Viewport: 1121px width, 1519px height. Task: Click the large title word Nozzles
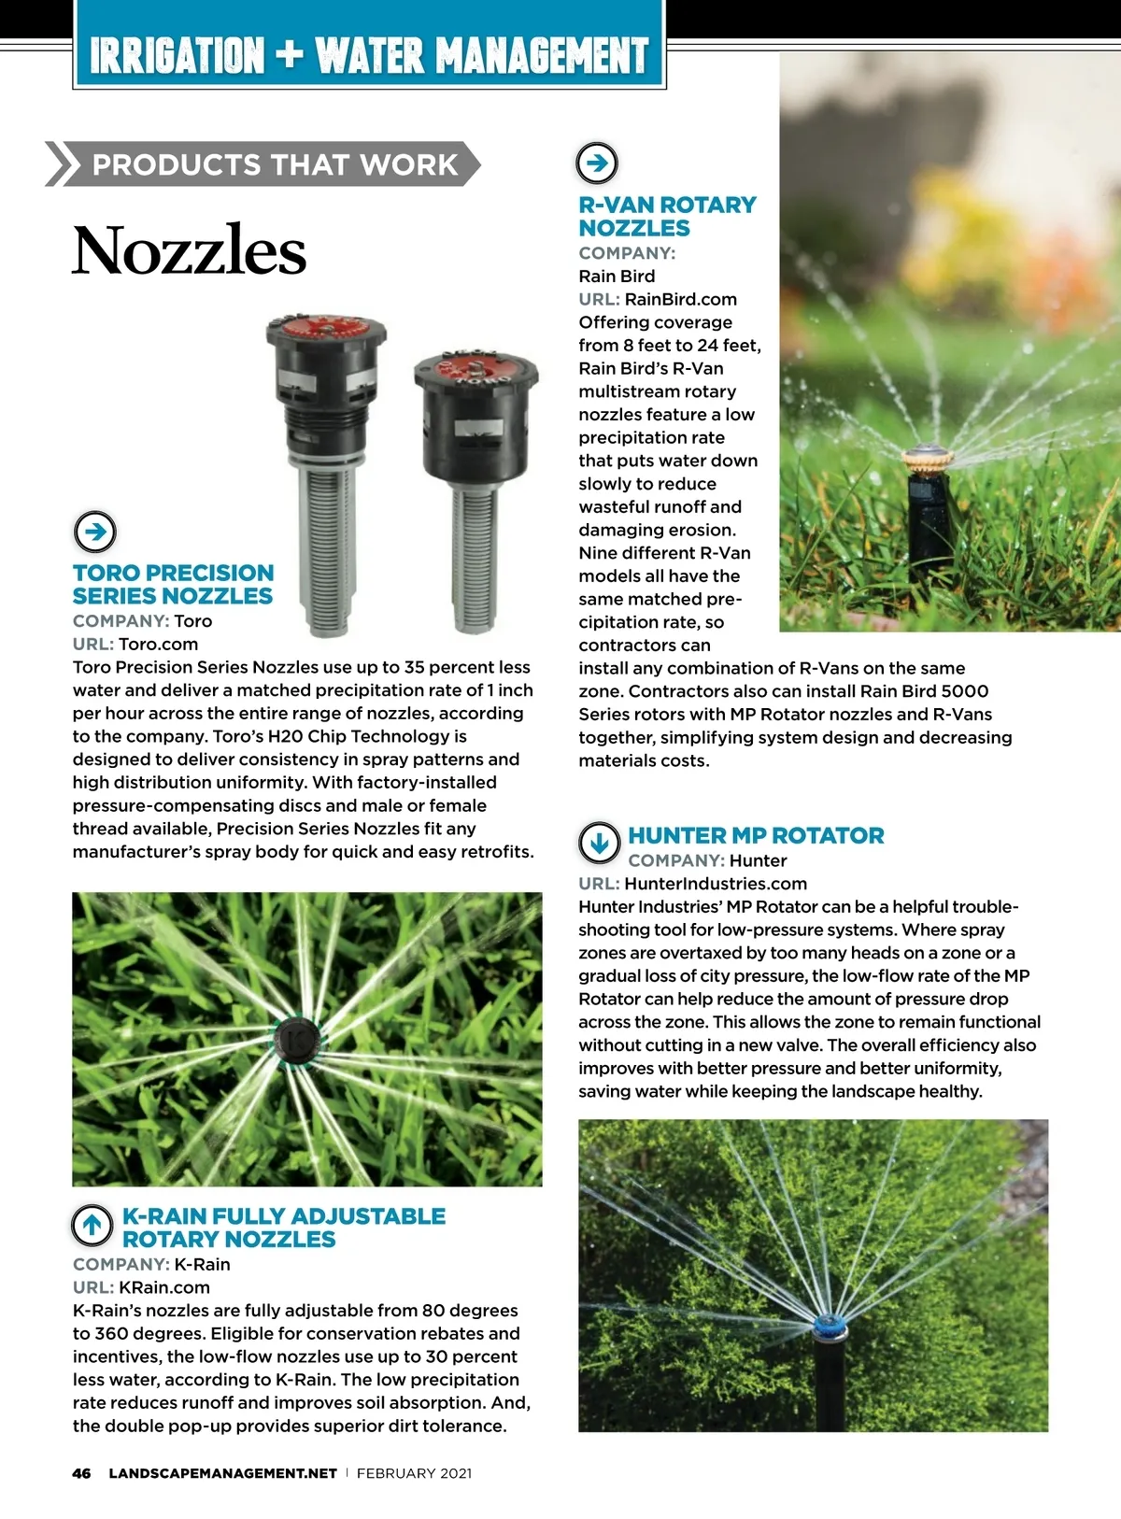(x=189, y=250)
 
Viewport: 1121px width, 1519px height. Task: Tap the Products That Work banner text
(x=275, y=164)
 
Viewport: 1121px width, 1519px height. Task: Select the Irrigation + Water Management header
(x=369, y=55)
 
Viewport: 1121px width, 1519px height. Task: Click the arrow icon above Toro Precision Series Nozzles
(x=94, y=532)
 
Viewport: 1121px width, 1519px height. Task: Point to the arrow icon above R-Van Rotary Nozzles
(x=597, y=163)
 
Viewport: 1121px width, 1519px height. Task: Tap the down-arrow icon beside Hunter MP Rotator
(x=599, y=843)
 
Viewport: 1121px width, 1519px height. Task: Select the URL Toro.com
(x=158, y=644)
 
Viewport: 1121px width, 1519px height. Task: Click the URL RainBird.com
(x=680, y=299)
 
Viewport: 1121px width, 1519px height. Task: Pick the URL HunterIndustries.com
(x=716, y=883)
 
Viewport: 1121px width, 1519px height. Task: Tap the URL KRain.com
(x=164, y=1286)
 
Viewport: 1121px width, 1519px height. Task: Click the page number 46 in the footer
(x=82, y=1473)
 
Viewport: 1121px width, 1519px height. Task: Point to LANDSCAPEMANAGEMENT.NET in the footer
(x=222, y=1473)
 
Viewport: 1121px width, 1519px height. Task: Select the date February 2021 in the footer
(x=414, y=1473)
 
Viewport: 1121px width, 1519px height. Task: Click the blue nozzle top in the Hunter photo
(x=828, y=1324)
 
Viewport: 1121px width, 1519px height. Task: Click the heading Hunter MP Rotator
(x=756, y=835)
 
